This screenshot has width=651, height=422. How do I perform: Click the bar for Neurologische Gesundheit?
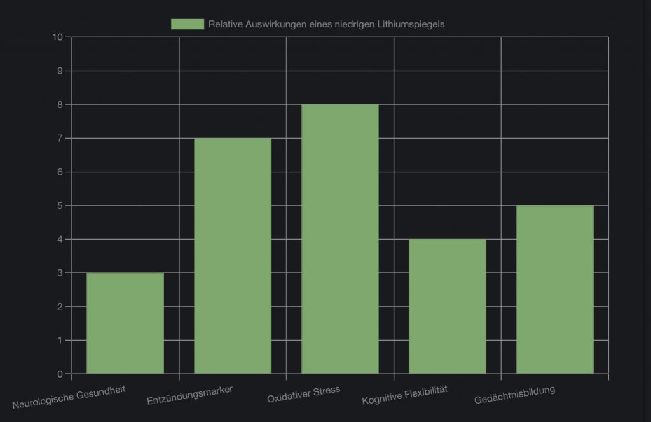point(125,323)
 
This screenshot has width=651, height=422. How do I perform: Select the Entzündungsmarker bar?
point(233,255)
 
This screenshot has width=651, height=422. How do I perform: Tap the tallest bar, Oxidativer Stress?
point(340,239)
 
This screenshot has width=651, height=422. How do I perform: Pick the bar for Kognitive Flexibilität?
point(448,306)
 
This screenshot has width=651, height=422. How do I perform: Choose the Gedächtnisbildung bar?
point(555,289)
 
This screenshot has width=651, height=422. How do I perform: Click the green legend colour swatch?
point(187,24)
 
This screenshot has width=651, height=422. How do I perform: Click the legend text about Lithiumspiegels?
point(326,24)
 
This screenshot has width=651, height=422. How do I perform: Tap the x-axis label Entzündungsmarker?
point(189,395)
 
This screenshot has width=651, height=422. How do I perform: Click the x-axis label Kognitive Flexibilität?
point(405,395)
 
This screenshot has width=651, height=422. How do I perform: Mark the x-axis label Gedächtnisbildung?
point(514,394)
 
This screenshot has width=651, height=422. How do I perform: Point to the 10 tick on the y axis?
point(58,37)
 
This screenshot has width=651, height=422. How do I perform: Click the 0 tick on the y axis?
point(60,374)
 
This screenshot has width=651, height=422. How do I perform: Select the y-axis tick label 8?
point(60,104)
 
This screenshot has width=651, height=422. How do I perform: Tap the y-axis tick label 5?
point(60,205)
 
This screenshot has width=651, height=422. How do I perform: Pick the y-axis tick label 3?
point(60,273)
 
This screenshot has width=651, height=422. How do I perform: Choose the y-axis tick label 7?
point(60,138)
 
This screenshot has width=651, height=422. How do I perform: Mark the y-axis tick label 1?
point(60,340)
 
